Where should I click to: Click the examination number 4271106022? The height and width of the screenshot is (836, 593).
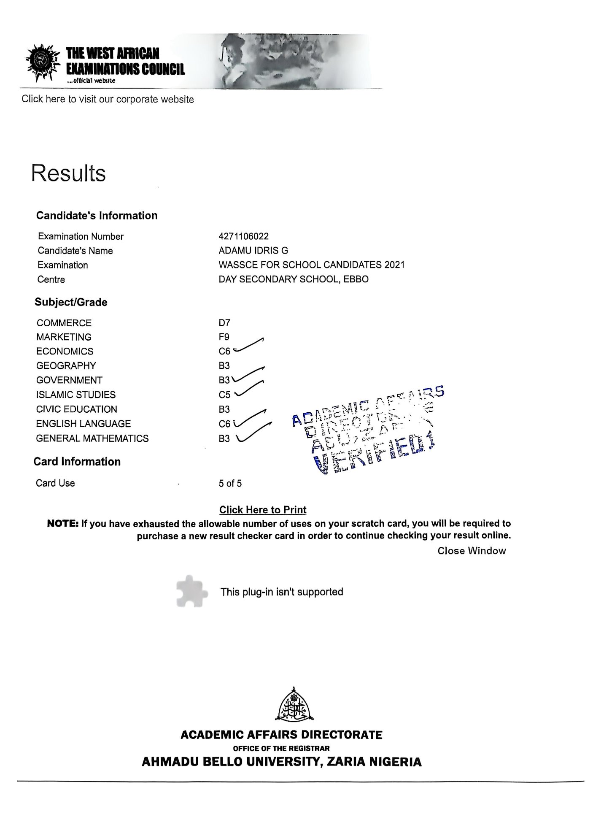(243, 236)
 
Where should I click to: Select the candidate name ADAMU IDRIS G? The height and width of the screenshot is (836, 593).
(253, 251)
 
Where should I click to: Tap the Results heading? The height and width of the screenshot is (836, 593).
(68, 173)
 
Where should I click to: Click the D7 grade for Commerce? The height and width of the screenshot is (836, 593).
(224, 323)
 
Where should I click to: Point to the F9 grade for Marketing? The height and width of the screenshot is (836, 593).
(224, 337)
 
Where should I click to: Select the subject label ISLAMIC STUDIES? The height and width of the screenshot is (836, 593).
(76, 395)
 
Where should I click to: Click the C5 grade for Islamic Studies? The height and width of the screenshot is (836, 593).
(224, 395)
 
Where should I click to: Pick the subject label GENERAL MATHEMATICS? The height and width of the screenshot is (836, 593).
(92, 438)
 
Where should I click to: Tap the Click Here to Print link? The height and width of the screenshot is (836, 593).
(263, 510)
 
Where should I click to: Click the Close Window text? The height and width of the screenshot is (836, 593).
(472, 551)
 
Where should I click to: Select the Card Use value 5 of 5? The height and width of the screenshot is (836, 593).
(230, 484)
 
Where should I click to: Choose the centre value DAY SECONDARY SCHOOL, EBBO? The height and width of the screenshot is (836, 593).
(294, 279)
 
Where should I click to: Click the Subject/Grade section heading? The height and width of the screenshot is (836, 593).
(71, 302)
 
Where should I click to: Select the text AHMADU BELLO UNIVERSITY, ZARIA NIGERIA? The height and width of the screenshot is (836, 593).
(281, 762)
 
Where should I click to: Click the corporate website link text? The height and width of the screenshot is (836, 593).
(108, 100)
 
